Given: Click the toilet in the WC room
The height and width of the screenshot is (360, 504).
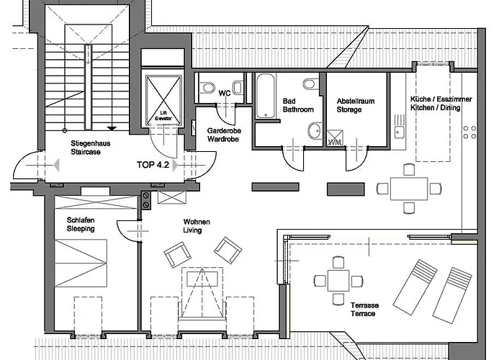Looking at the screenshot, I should coord(208,88).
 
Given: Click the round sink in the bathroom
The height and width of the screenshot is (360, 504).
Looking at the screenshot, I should coord(314,131).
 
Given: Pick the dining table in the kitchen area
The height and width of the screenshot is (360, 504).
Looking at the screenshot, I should coord(409,189).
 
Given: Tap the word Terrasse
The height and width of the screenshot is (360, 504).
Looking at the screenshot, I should coord(365,305).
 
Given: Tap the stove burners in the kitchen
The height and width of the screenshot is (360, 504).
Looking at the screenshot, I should coord(469,132).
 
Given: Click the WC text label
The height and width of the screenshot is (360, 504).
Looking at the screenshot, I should coord(224,93).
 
